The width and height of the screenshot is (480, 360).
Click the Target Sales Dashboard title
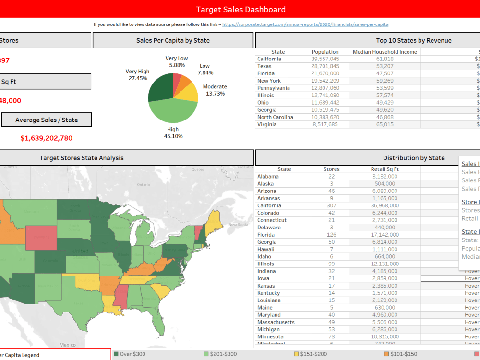coord(240,10)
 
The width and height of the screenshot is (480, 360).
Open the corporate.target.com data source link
coord(305,24)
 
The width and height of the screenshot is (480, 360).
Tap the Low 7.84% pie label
coord(204,69)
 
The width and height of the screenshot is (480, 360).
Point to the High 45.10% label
coord(173,132)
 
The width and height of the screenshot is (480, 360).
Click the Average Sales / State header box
coord(47,120)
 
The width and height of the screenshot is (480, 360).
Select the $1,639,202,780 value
coord(47,138)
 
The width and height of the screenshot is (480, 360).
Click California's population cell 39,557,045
coord(325,59)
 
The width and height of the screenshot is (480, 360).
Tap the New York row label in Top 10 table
coord(269,81)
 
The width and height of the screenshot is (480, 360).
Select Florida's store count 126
coord(331,235)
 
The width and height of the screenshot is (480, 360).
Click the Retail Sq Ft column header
coord(385,169)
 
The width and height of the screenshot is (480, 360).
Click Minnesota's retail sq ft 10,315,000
coord(384,336)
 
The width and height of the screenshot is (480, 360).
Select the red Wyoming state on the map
coord(40,238)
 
